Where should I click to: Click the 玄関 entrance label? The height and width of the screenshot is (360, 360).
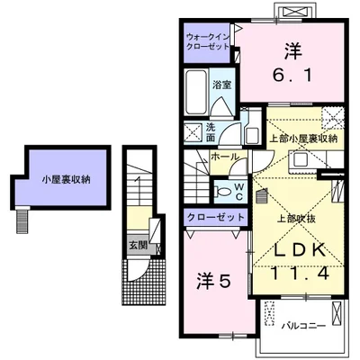(x=138, y=246)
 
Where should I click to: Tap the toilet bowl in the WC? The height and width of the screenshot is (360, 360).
(x=221, y=192)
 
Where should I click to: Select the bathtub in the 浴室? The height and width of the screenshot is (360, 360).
(x=195, y=92)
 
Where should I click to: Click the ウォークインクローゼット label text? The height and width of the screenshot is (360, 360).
(x=208, y=41)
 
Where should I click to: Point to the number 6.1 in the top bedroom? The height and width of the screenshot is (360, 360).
(x=292, y=75)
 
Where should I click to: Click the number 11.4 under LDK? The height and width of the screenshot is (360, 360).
(x=300, y=273)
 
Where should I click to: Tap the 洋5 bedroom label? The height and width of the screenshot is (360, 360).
(x=213, y=282)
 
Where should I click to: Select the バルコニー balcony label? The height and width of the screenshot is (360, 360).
(x=303, y=326)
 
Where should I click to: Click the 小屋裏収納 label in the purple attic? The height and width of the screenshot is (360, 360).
(x=66, y=180)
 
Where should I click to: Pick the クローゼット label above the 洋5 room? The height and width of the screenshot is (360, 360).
(x=215, y=217)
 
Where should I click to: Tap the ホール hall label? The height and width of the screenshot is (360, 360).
(x=225, y=157)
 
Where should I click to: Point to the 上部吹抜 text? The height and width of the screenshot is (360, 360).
(x=296, y=219)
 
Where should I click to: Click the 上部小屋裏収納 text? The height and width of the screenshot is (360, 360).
(x=303, y=139)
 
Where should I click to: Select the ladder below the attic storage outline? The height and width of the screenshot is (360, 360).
(x=22, y=220)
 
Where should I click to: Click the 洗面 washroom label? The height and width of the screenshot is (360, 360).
(x=211, y=132)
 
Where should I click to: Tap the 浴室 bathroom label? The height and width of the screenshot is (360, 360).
(x=222, y=85)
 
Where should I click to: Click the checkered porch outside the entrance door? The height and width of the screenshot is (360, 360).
(x=144, y=282)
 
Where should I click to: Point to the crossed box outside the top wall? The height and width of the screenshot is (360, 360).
(x=294, y=12)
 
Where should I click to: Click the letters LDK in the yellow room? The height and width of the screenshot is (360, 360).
(x=299, y=249)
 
